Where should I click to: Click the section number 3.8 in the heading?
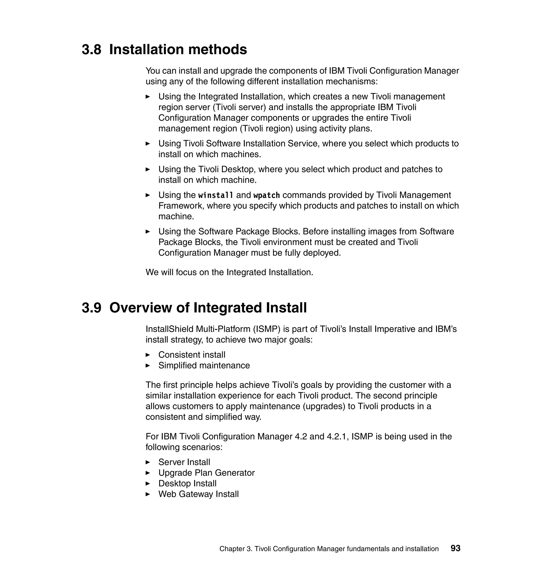coord(91,50)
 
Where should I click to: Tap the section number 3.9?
coord(91,308)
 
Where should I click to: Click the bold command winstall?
coord(216,195)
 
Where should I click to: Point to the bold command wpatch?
coord(266,195)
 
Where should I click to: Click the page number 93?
coord(455,548)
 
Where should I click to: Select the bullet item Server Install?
coord(184,462)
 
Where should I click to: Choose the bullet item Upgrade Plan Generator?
coord(206,473)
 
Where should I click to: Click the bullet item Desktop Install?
coord(187,483)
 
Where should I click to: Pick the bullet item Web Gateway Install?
coord(198,494)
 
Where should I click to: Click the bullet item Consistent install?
coord(192,355)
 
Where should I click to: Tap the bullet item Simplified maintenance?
coord(204,366)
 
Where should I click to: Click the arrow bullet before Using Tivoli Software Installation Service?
coord(148,143)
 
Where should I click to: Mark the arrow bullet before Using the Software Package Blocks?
coord(148,232)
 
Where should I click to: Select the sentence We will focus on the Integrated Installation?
coord(229,272)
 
